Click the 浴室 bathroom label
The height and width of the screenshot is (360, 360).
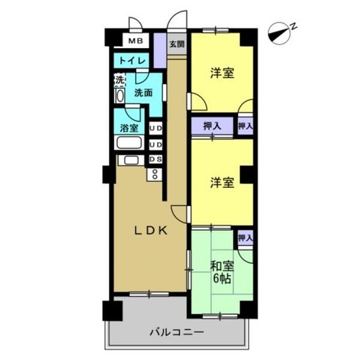[x=129, y=128]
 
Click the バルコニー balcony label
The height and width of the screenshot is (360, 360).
[x=174, y=331]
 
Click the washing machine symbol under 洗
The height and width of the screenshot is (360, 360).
[x=119, y=96]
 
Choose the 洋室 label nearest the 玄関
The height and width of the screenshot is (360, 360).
[x=221, y=73]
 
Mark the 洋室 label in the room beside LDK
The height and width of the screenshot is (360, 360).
[x=221, y=183]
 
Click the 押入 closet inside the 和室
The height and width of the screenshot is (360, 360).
[x=244, y=237]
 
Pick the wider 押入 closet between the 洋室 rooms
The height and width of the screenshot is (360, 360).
[x=211, y=126]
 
